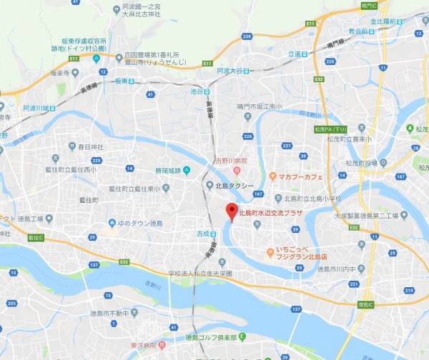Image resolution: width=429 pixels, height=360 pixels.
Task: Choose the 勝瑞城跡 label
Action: coord(167,169)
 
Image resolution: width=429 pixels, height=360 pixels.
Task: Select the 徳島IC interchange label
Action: coord(366,304)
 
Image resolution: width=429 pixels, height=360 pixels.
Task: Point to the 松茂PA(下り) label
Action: coord(330,129)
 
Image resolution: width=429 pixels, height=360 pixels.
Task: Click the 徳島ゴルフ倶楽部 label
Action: coord(211,337)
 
